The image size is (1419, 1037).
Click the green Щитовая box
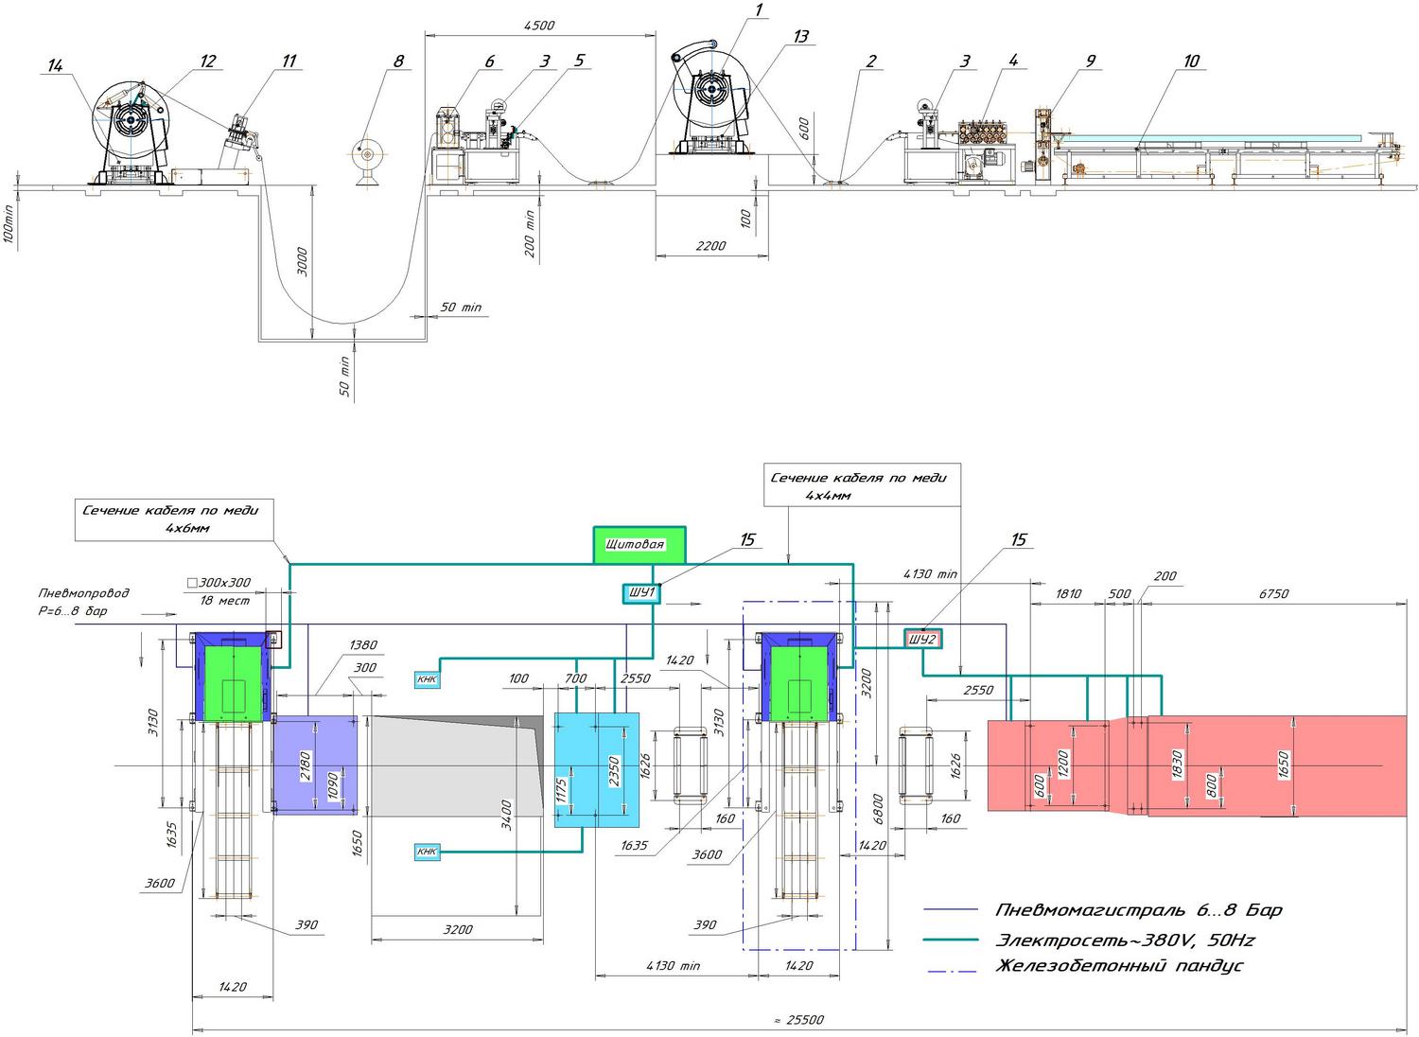click(639, 545)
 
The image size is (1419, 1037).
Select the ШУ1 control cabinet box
click(641, 593)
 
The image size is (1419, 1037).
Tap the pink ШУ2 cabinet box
click(922, 640)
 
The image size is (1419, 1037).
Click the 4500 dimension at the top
click(539, 26)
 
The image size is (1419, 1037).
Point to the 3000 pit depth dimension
click(303, 262)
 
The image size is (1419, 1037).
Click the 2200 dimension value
click(710, 246)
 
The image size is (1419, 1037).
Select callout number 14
click(55, 65)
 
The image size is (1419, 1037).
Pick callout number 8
click(398, 61)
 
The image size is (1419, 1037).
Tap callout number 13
click(800, 37)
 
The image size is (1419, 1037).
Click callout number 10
click(1191, 61)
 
